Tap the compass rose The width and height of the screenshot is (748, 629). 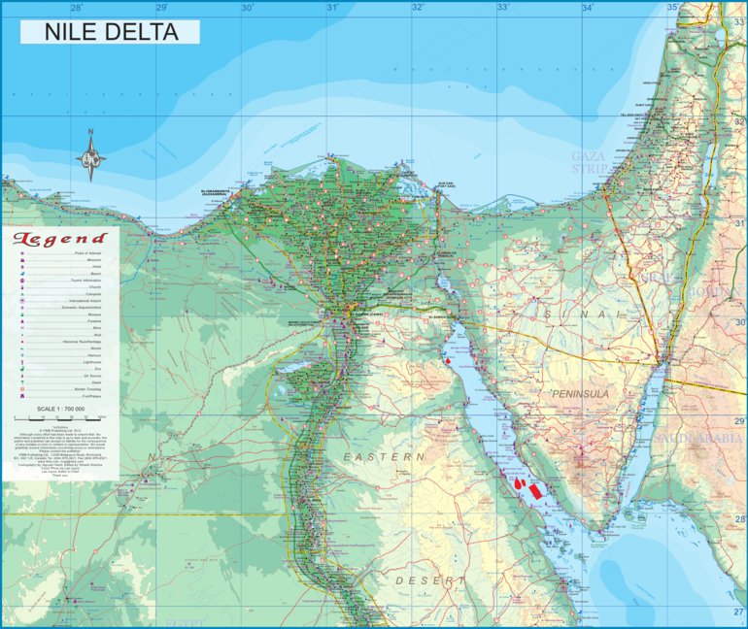(91, 155)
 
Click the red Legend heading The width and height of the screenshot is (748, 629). (59, 239)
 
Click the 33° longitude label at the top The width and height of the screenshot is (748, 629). (503, 8)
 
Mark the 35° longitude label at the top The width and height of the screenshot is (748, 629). (673, 8)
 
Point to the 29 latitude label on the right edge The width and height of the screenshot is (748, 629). (739, 420)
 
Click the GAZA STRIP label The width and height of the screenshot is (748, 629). (589, 161)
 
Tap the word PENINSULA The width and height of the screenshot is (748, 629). (580, 395)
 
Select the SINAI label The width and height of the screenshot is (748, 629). (576, 315)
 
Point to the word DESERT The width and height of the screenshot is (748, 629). (430, 579)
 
